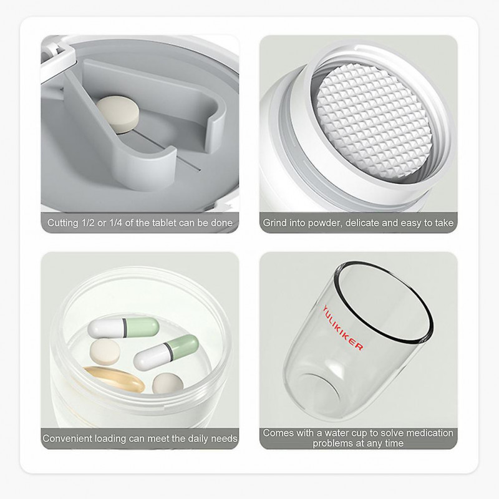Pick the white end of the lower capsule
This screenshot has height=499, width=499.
(x=147, y=359)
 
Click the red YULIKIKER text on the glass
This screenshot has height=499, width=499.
(x=342, y=328)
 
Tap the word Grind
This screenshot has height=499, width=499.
(x=275, y=223)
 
